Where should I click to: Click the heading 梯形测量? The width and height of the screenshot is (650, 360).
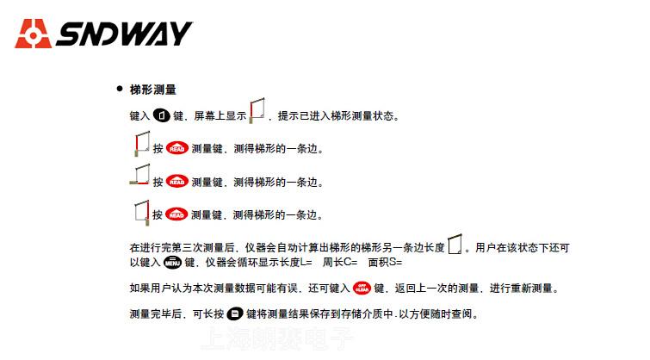(153, 90)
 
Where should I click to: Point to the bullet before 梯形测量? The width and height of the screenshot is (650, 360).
(120, 90)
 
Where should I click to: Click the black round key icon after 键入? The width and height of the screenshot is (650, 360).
(161, 115)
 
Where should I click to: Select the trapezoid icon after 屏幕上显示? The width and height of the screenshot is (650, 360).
(257, 112)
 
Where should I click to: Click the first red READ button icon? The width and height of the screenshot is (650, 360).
(176, 148)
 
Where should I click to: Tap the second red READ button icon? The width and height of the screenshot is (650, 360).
(176, 181)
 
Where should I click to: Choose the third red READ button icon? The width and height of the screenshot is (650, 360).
(176, 214)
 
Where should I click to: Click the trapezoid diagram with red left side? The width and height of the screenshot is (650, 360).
(142, 145)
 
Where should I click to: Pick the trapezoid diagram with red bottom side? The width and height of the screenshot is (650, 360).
(140, 177)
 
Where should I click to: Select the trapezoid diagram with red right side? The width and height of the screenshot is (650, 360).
(142, 210)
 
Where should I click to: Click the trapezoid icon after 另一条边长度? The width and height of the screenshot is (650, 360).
(455, 245)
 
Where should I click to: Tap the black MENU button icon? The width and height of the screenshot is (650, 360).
(172, 262)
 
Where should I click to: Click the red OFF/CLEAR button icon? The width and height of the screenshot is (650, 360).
(362, 287)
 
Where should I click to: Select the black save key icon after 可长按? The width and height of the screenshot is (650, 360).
(235, 313)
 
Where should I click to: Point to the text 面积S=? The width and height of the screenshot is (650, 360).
(385, 262)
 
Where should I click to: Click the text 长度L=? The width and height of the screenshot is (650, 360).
(293, 262)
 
